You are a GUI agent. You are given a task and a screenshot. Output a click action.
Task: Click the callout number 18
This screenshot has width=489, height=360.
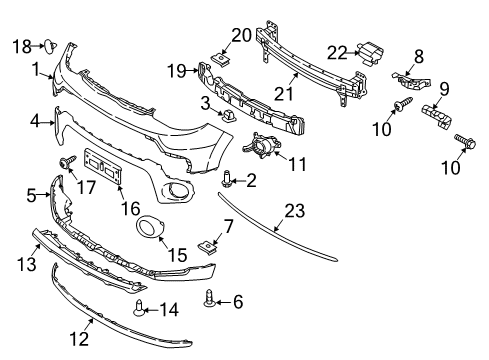click(x=22, y=46)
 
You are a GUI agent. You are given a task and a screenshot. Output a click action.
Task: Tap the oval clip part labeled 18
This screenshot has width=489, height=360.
click(x=50, y=46)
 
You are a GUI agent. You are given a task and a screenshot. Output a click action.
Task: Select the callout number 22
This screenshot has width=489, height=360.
click(x=337, y=53)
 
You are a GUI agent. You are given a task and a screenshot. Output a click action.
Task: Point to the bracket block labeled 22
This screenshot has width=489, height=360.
click(x=370, y=53)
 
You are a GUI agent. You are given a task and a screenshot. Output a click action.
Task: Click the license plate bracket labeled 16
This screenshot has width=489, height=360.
click(x=103, y=166)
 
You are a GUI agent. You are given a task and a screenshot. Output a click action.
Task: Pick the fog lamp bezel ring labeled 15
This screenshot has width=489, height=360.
click(x=149, y=227)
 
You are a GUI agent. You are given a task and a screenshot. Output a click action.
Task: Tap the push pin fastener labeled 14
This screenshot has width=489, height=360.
click(x=139, y=308)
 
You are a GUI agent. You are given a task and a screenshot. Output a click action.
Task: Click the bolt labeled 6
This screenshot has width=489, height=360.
click(x=209, y=298)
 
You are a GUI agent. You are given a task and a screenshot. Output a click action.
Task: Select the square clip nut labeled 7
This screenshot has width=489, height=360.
click(x=207, y=247)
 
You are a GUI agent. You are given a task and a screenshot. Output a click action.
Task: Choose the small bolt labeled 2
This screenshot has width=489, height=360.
click(x=226, y=179)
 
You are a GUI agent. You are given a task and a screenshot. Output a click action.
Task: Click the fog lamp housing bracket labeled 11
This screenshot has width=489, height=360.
click(x=262, y=145)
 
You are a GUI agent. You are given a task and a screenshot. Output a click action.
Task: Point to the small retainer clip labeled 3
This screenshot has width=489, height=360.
click(x=229, y=114)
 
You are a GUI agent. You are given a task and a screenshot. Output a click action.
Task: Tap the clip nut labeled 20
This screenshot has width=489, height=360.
click(x=220, y=59)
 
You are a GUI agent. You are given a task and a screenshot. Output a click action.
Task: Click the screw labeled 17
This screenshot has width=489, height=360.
click(x=67, y=162)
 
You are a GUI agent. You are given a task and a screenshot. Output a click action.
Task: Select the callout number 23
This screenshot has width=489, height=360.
click(x=295, y=211)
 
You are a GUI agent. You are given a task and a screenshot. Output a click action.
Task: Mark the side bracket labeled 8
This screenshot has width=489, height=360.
click(x=412, y=81)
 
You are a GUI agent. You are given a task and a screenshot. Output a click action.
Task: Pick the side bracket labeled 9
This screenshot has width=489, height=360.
click(x=437, y=115)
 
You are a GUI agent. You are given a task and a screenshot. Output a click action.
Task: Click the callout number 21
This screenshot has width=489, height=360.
click(x=283, y=94)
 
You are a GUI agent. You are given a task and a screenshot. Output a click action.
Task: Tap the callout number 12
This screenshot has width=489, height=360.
click(x=79, y=339)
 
